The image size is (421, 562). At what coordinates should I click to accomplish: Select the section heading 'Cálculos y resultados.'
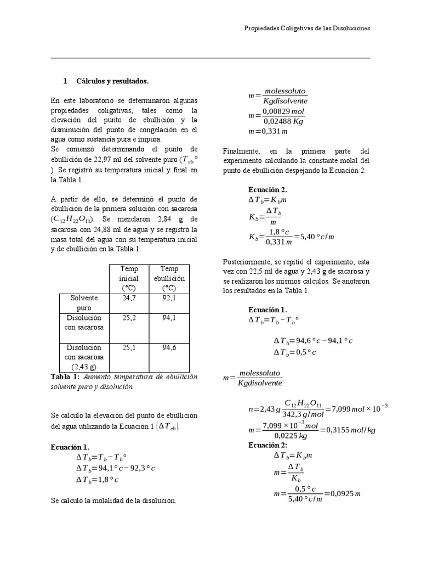(112, 81)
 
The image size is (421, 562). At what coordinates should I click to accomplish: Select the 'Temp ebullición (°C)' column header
(173, 278)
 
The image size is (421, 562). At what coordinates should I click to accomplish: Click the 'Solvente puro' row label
(84, 302)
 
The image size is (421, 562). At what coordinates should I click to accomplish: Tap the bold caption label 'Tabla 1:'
(65, 377)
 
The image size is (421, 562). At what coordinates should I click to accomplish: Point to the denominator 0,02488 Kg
(284, 121)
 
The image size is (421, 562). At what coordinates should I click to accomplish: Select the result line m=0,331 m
(268, 132)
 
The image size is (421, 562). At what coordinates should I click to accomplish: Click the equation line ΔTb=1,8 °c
(97, 479)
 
